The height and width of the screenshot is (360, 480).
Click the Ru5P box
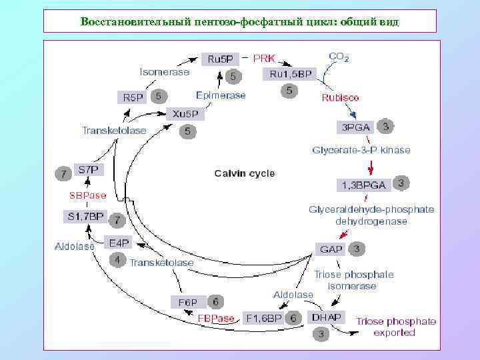(220, 59)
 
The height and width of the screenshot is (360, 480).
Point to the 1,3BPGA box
(365, 183)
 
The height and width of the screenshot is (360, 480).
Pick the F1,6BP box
(264, 318)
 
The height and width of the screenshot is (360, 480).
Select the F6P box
(187, 302)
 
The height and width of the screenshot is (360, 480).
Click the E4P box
(119, 243)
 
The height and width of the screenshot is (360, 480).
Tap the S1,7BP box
(85, 217)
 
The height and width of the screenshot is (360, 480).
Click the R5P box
(132, 97)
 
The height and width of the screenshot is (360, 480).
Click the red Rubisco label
(341, 97)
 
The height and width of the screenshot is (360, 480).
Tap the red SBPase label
(88, 195)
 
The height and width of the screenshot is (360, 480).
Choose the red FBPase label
(216, 319)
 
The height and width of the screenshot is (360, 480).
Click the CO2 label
(338, 57)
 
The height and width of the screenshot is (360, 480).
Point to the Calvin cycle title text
(244, 173)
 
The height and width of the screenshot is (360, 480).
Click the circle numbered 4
(117, 260)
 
